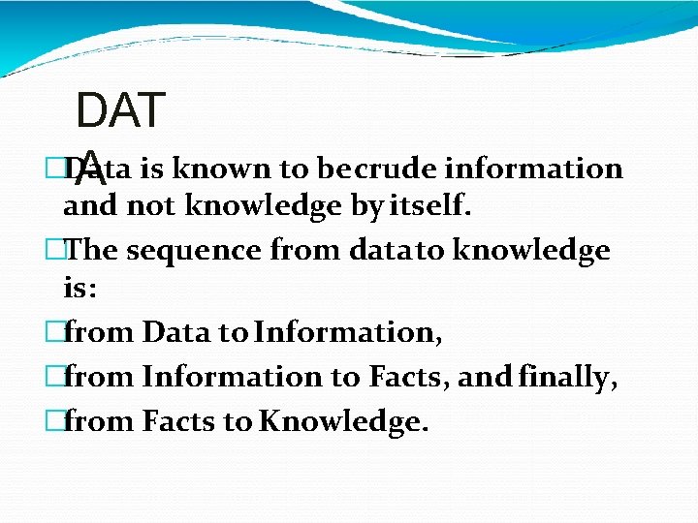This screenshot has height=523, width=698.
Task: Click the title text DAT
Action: tap(120, 111)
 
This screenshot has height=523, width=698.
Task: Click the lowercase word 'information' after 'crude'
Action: tap(533, 169)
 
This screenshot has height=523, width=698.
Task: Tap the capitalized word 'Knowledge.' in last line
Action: tap(344, 422)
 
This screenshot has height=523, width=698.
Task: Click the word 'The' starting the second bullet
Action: tap(91, 251)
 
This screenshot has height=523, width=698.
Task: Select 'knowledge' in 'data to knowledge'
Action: tap(532, 251)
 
